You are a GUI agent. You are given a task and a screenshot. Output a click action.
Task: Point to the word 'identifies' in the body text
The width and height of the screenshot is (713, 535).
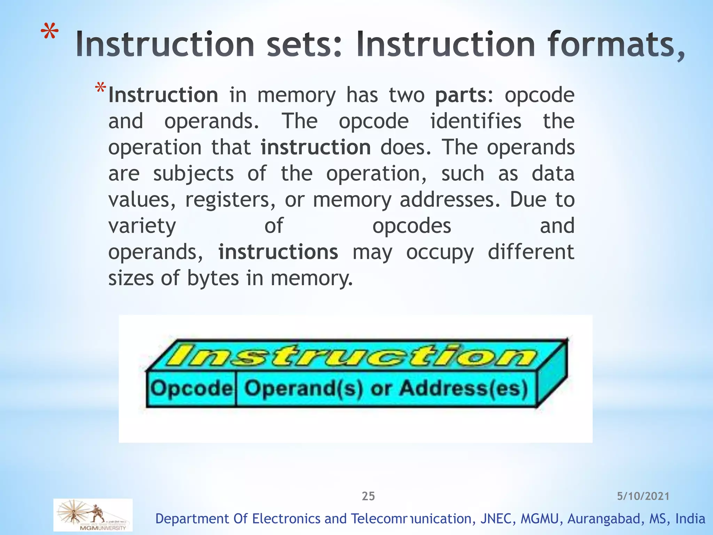(476, 121)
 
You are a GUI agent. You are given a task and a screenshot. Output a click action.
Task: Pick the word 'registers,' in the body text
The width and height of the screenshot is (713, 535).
(230, 200)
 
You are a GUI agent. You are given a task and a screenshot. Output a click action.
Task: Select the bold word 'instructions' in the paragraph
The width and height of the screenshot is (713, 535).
(278, 252)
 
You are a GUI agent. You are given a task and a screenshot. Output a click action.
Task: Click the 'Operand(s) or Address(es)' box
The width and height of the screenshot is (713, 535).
(386, 388)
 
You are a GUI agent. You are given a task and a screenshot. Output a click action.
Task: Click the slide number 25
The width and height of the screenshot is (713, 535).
(368, 496)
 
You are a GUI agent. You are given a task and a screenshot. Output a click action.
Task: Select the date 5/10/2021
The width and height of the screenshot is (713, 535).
(643, 496)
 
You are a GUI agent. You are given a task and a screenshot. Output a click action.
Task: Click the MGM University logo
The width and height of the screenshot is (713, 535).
(93, 515)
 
